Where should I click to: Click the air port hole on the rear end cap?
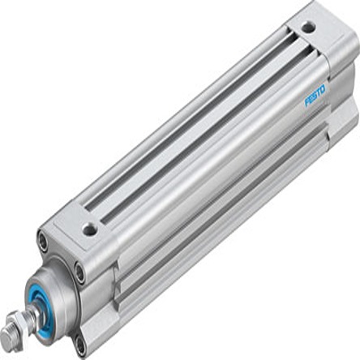coord(307,28)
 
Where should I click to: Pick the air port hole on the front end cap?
coord(90,229)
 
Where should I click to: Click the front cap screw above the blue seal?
coord(42,240)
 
